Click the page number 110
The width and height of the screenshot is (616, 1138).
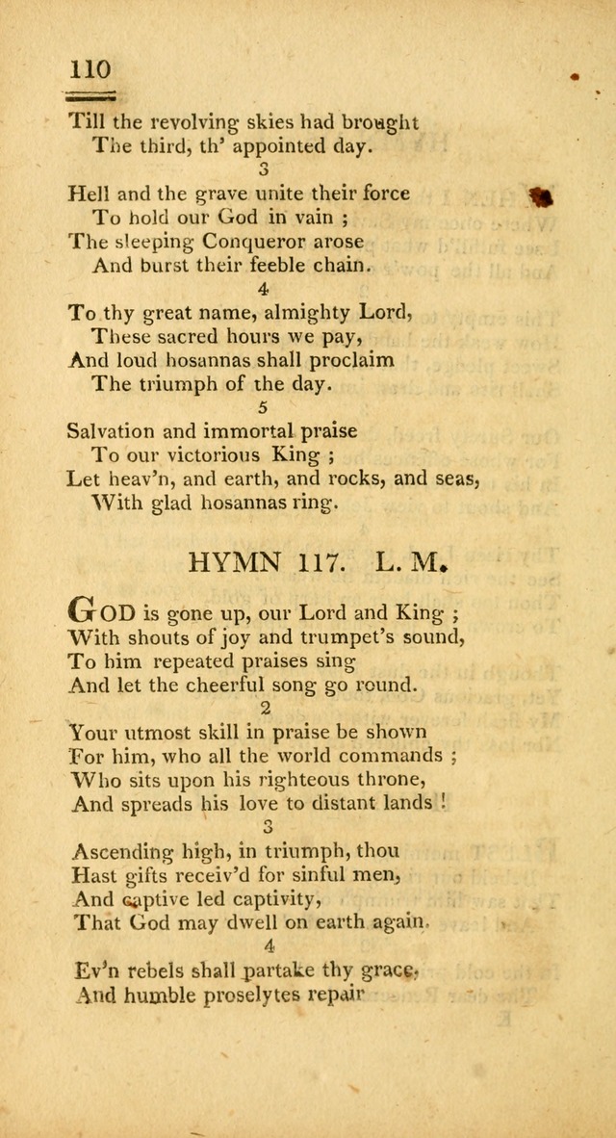90,69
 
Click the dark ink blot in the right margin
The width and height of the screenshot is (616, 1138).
543,196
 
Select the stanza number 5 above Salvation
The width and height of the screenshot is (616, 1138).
264,407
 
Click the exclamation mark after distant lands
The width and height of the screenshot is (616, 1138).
443,802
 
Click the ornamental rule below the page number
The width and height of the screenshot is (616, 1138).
90,95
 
